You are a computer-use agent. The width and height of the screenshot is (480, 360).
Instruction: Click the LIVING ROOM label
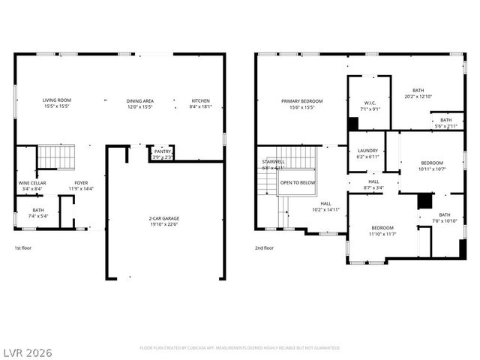pyautogui.click(x=56, y=100)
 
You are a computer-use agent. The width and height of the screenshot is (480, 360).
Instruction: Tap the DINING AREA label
pyautogui.click(x=140, y=100)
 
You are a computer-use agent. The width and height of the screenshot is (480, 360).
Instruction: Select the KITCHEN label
pyautogui.click(x=200, y=100)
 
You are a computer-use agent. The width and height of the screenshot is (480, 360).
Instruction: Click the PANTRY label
pyautogui.click(x=163, y=151)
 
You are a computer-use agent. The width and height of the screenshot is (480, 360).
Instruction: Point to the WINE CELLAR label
pyautogui.click(x=32, y=182)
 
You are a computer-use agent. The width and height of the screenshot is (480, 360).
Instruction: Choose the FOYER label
pyautogui.click(x=81, y=182)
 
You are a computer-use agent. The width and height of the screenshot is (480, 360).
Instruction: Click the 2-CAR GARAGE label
pyautogui.click(x=163, y=219)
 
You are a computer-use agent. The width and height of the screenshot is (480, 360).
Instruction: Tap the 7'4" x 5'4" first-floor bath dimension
pyautogui.click(x=38, y=216)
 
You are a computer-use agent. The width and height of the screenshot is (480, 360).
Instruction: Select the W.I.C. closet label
pyautogui.click(x=370, y=103)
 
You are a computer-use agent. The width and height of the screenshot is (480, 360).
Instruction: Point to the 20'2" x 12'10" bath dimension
pyautogui.click(x=419, y=96)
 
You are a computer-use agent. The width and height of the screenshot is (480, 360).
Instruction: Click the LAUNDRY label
pyautogui.click(x=367, y=150)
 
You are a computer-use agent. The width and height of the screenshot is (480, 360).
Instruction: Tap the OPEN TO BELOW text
pyautogui.click(x=298, y=182)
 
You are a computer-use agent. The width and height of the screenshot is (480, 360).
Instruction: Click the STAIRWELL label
pyautogui.click(x=273, y=161)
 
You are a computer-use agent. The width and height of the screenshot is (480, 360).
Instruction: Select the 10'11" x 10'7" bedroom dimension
pyautogui.click(x=432, y=169)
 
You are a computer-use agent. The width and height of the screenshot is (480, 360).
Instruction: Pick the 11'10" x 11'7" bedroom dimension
pyautogui.click(x=382, y=234)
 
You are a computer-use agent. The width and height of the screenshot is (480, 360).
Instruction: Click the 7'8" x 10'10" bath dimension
pyautogui.click(x=445, y=220)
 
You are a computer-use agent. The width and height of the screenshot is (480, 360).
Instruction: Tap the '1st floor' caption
pyautogui.click(x=23, y=247)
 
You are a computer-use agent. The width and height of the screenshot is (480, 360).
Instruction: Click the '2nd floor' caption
pyautogui.click(x=264, y=247)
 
